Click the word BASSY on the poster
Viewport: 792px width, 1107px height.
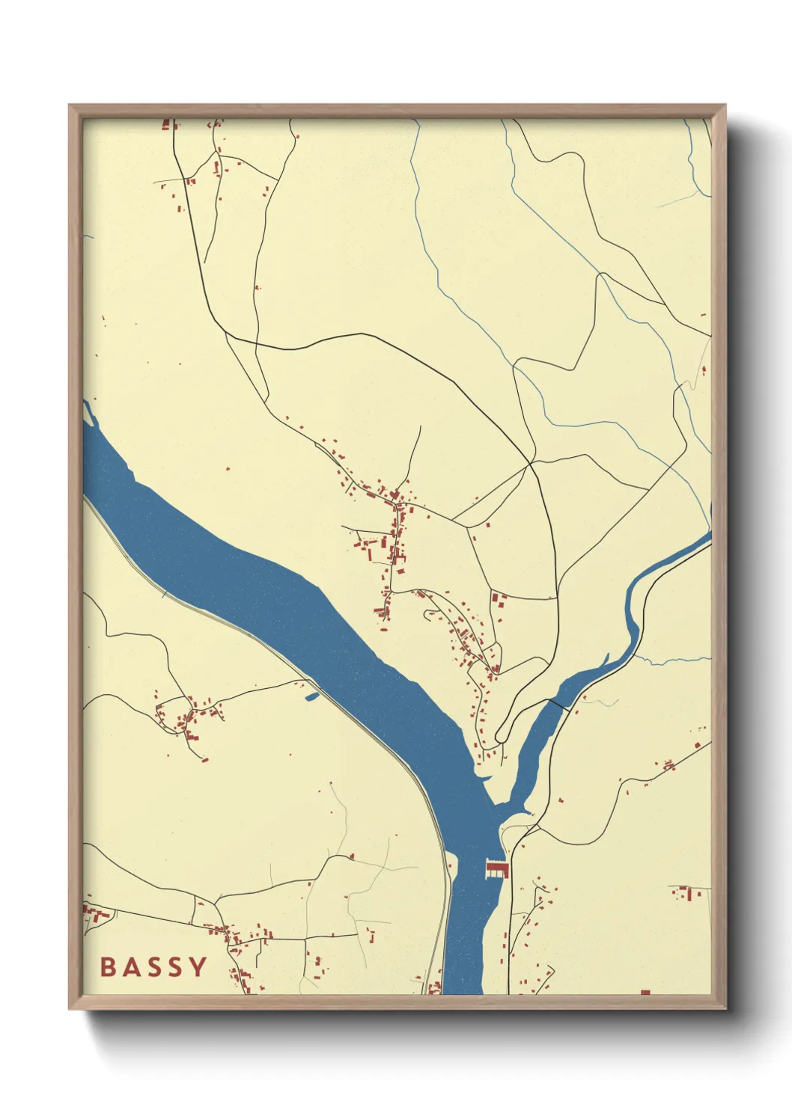point(153,966)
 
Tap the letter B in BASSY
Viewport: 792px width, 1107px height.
point(108,966)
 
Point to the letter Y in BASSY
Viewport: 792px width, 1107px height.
point(198,966)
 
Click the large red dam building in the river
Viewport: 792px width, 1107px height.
point(496,868)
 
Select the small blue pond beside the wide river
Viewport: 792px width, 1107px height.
point(312,696)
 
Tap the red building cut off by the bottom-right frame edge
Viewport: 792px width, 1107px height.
point(645,993)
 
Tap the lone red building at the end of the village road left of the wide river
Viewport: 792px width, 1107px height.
point(205,760)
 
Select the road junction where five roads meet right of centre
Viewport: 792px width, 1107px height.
point(531,464)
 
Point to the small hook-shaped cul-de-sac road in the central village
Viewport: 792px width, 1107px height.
point(430,614)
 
